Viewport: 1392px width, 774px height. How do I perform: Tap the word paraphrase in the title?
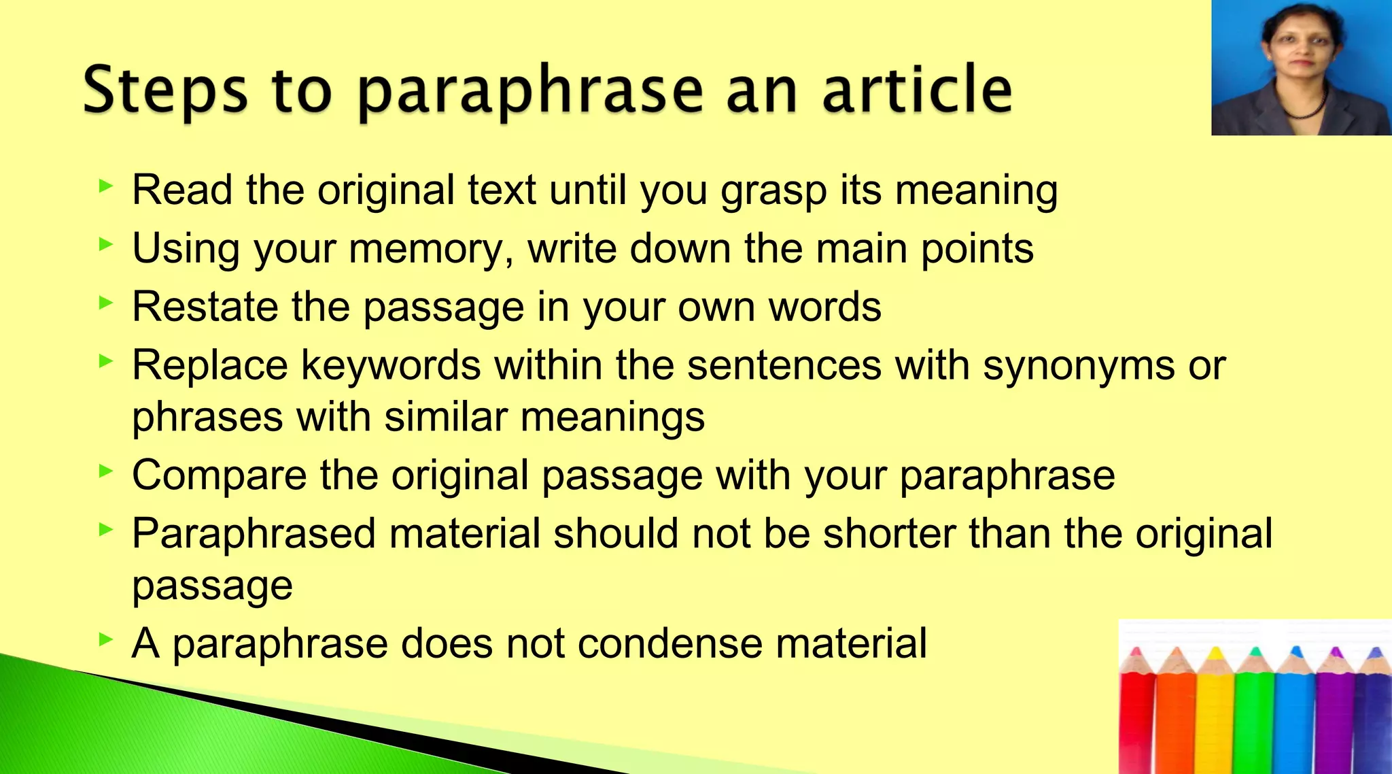click(x=530, y=92)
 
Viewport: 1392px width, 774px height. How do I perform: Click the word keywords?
click(x=391, y=366)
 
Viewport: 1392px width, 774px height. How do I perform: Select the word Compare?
click(x=219, y=475)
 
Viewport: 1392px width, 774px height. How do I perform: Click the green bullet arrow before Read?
click(x=105, y=186)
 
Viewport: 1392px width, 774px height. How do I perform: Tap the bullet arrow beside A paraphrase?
click(x=105, y=639)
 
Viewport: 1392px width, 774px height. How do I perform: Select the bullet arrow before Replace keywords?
click(x=105, y=361)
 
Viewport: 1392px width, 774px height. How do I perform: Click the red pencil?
click(x=1136, y=721)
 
